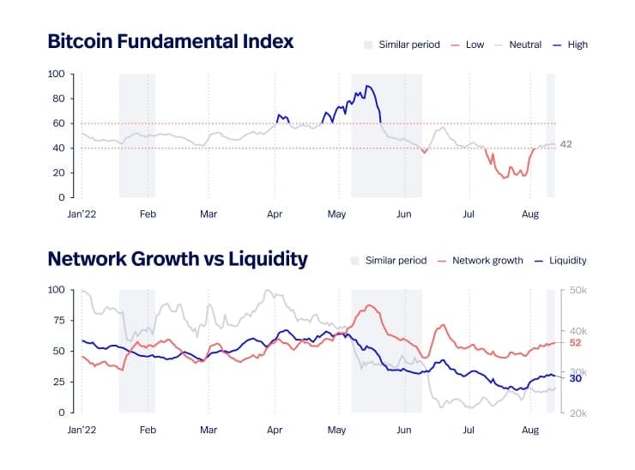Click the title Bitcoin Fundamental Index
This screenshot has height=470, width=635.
pos(170,41)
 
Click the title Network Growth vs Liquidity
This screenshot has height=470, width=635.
pos(178,258)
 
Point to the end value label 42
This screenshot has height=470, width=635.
pos(565,144)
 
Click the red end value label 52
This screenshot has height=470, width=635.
pos(576,342)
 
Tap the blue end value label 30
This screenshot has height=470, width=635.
pos(576,377)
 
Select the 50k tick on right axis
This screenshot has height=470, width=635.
pos(578,291)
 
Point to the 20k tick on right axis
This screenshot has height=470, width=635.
pos(578,413)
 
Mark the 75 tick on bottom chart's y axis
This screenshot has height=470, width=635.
pos(59,321)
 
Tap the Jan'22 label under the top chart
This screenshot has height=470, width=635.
pos(82,214)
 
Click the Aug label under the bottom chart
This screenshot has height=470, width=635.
pos(530,430)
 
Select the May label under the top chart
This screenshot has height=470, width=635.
pos(336,214)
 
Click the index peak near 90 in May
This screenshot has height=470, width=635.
pos(367,86)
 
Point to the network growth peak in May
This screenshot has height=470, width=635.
pos(370,305)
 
